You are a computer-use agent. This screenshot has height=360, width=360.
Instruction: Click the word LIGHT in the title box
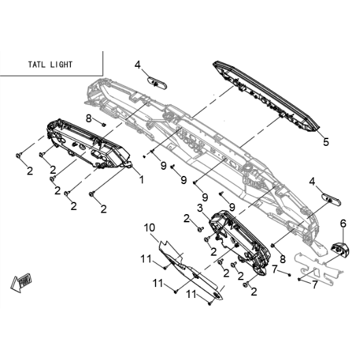[61, 65]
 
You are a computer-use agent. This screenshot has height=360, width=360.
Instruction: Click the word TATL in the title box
[36, 65]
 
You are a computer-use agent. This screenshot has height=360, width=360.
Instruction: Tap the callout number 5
[326, 142]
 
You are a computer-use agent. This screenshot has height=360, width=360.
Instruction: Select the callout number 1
[142, 179]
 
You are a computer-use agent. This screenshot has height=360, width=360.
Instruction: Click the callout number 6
[343, 224]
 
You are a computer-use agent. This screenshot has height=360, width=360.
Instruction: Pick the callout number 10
[149, 228]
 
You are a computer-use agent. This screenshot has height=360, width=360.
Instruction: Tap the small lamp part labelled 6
[340, 249]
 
